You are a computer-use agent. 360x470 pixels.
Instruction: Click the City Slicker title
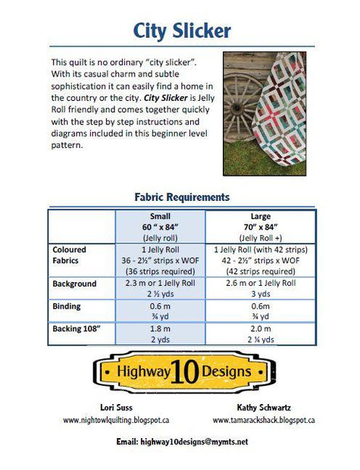pos(182,30)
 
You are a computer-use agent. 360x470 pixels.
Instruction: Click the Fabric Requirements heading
pos(182,197)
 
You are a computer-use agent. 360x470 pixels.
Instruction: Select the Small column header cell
pos(160,226)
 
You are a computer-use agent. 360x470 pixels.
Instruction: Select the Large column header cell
pos(260,226)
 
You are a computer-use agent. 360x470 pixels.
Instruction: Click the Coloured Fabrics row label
pos(70,255)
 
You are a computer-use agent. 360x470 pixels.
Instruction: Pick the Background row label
pos(74,284)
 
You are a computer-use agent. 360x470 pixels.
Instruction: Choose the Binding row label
pos(66,307)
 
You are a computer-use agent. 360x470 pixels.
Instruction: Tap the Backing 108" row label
pos(77,329)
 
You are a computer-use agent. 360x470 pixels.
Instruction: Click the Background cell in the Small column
pos(160,289)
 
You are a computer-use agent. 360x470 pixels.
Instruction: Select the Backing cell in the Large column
pos(260,334)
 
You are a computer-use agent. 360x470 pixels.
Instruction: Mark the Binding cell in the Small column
pos(160,312)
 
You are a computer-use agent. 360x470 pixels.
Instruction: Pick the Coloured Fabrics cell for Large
pos(260,260)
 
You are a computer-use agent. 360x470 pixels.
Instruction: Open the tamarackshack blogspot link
pos(263,420)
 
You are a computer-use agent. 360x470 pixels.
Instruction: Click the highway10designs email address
pos(182,441)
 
